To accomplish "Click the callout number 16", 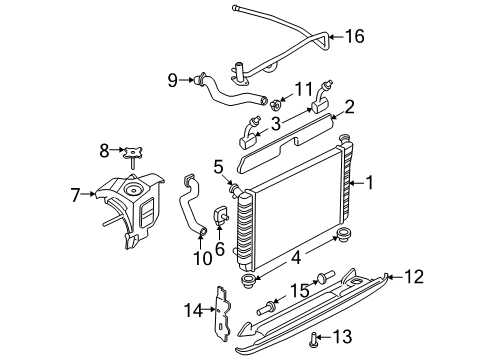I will click(354, 37).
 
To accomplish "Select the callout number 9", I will click(173, 78).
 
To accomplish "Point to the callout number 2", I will click(349, 106).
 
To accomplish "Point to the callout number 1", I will click(372, 183).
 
